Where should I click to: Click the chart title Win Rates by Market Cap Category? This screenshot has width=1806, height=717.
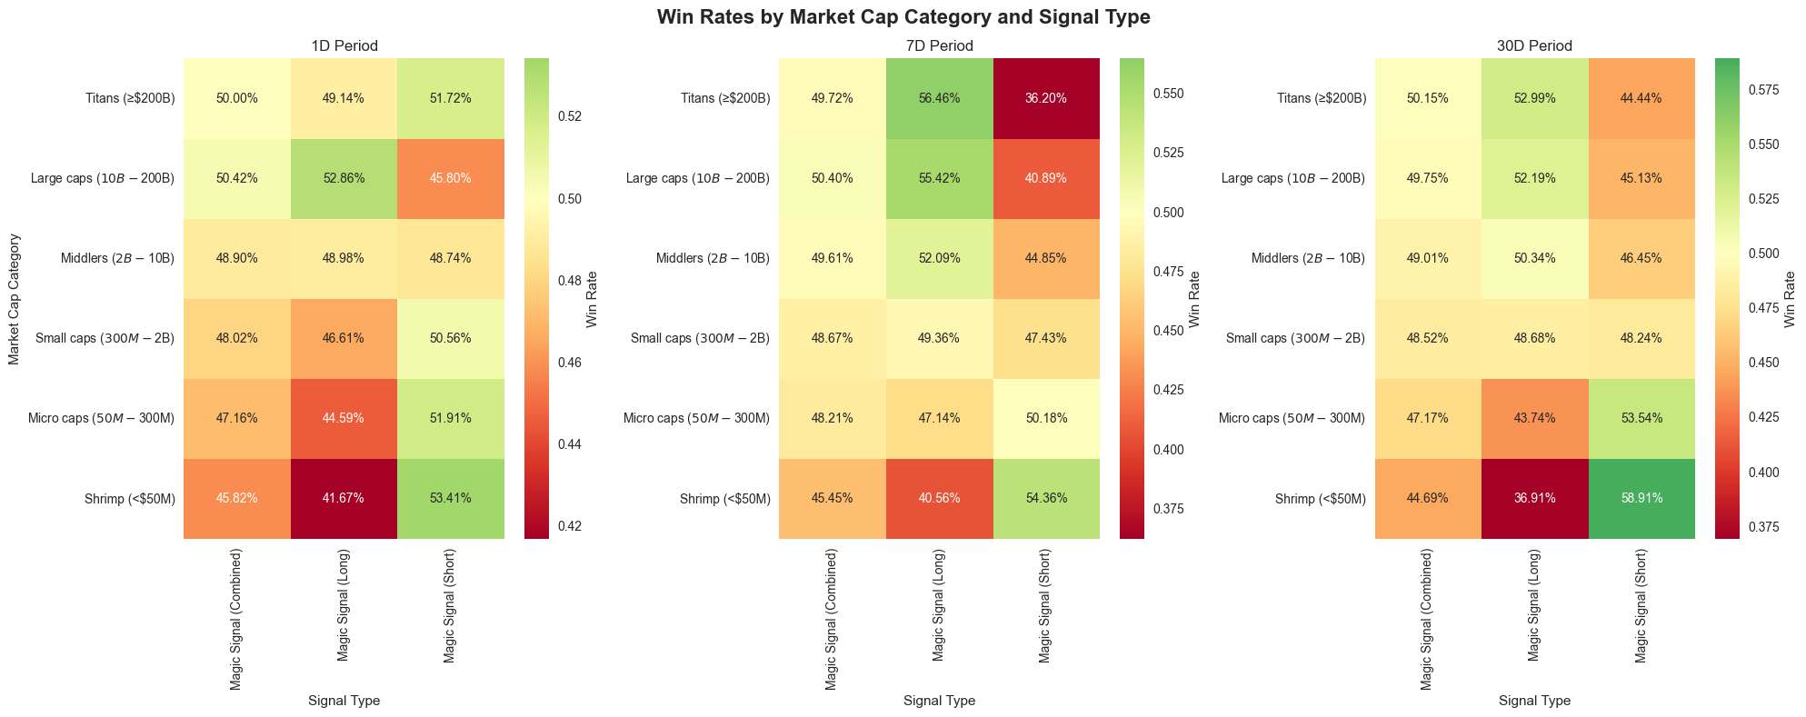pyautogui.click(x=903, y=16)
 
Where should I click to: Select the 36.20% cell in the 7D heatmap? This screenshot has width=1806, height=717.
pyautogui.click(x=1045, y=98)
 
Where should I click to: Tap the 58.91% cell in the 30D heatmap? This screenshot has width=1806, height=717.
pyautogui.click(x=1641, y=498)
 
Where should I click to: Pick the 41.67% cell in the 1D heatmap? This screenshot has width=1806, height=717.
pyautogui.click(x=344, y=498)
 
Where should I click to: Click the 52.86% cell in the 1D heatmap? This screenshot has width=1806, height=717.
pyautogui.click(x=344, y=178)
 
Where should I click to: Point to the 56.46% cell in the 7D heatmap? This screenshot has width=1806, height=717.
pyautogui.click(x=939, y=98)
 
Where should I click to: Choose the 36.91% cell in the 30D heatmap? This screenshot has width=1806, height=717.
pyautogui.click(x=1534, y=498)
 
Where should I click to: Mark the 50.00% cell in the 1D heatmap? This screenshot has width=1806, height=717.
pyautogui.click(x=237, y=98)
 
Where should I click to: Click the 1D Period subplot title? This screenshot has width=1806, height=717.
pyautogui.click(x=344, y=45)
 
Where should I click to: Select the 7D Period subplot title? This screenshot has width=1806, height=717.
pyautogui.click(x=939, y=45)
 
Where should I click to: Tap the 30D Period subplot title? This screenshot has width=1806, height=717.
pyautogui.click(x=1534, y=45)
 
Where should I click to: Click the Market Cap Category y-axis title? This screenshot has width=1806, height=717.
pyautogui.click(x=14, y=298)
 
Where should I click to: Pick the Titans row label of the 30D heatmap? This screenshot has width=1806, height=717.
pyautogui.click(x=1322, y=98)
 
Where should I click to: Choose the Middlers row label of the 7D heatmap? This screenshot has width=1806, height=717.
pyautogui.click(x=713, y=258)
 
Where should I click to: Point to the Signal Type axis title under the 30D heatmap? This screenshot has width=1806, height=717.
pyautogui.click(x=1534, y=701)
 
